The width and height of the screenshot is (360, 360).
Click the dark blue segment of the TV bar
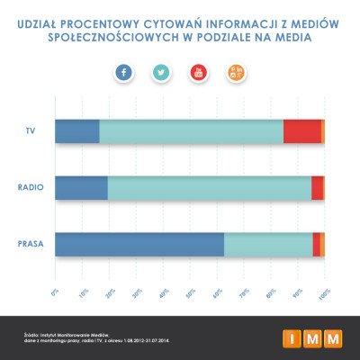pyautogui.click(x=76, y=131)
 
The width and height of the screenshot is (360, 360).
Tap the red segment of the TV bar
pyautogui.click(x=302, y=131)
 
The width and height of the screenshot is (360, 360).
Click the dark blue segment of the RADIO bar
pyautogui.click(x=81, y=187)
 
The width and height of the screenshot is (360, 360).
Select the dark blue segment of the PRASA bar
pyautogui.click(x=139, y=244)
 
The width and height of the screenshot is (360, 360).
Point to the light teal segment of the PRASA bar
pyautogui.click(x=268, y=244)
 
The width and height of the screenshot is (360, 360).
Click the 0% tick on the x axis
pyautogui.click(x=55, y=291)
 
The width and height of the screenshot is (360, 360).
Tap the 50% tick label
pyautogui.click(x=190, y=292)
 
